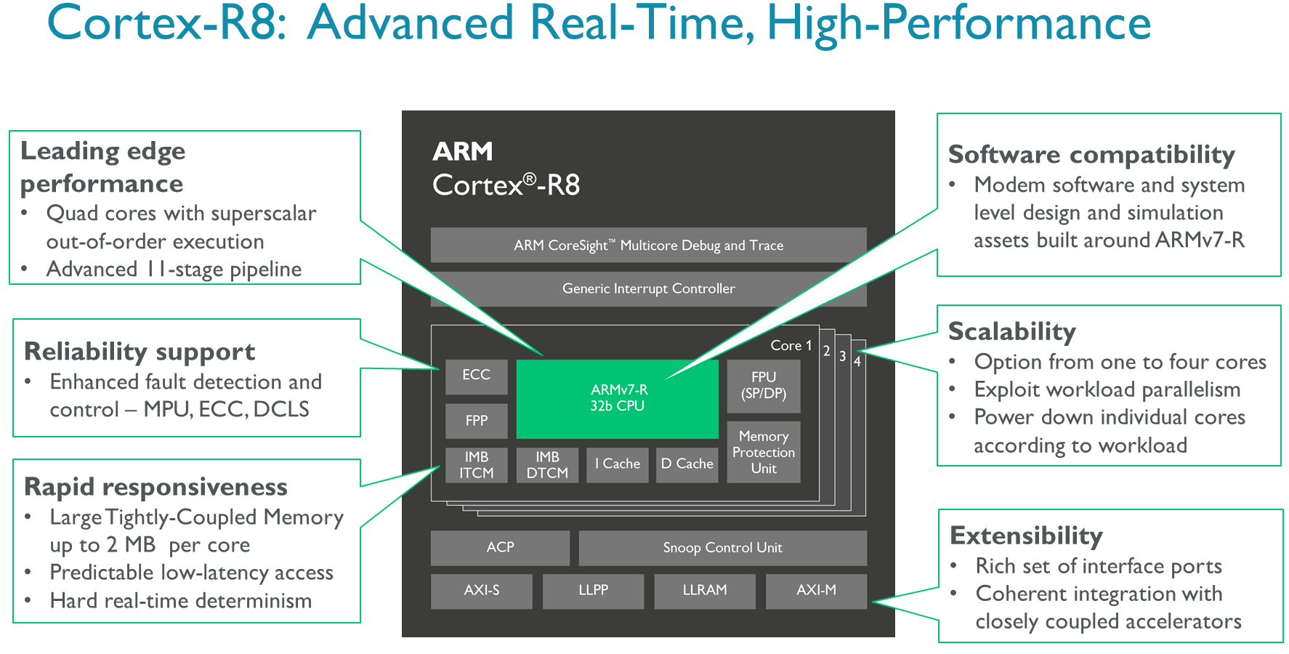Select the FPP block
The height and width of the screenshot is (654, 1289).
pos(476,421)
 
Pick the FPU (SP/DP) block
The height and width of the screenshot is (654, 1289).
pos(764,386)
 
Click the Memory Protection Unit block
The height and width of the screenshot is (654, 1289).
pos(764,452)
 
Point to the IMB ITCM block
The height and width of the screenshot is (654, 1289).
pos(476,465)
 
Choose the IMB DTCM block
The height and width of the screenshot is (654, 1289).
pos(547,465)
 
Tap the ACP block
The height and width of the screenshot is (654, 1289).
pos(500,548)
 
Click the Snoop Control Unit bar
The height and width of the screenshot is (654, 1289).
pos(722,548)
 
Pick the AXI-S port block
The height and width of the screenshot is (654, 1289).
pos(481,591)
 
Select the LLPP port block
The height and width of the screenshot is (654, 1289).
pos(593,591)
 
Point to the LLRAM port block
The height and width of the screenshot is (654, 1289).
pos(705,591)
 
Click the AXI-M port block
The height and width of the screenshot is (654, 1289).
pos(816,591)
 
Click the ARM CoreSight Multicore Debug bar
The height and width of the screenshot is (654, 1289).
pos(648,246)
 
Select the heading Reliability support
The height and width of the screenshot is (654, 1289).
pos(140,352)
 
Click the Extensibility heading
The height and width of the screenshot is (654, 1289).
pos(1026,536)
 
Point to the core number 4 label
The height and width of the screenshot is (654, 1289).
pos(857,362)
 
